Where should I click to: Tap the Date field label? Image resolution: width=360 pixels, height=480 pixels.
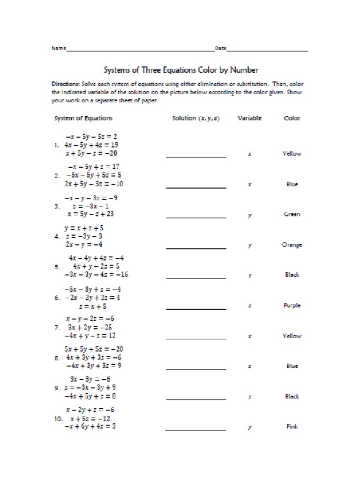coord(220,49)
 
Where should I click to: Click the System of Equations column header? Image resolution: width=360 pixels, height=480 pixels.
coord(83,118)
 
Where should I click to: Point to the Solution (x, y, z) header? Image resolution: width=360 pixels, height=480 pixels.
coord(196,118)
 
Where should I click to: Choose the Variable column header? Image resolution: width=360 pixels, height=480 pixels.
coord(249,118)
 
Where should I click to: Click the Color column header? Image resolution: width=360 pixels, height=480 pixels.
coord(292,118)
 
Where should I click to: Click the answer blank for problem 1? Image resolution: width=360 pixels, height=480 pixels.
coord(196,156)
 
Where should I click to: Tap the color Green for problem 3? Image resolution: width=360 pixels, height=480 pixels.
coord(292,214)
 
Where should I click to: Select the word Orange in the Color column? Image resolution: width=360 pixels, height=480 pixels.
coord(292,245)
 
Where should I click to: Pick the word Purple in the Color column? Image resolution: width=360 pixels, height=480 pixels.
coord(292,306)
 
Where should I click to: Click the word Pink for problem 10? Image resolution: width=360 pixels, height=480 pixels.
coord(292,427)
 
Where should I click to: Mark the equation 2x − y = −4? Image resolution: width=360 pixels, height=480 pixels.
coord(84,245)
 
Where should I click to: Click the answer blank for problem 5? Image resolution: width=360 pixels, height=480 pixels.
coord(196,277)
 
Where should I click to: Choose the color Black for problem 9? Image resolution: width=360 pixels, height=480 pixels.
coord(292,397)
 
